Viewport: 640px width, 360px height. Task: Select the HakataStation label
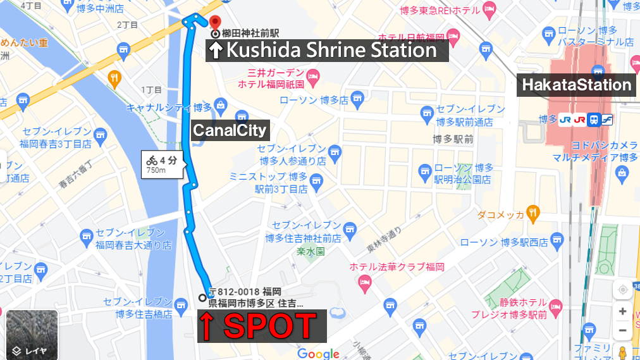point(576,85)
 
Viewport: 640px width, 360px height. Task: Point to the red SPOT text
point(261,326)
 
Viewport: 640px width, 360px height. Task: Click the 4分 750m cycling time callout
point(162,164)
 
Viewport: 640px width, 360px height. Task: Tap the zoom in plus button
point(623,311)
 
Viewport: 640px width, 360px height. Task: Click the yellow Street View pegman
point(623,352)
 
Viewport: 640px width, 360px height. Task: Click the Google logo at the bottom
point(319,354)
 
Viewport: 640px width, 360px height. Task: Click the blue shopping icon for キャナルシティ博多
point(221,104)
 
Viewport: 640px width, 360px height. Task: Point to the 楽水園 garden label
point(311,251)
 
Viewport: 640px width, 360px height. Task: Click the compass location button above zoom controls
point(623,289)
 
